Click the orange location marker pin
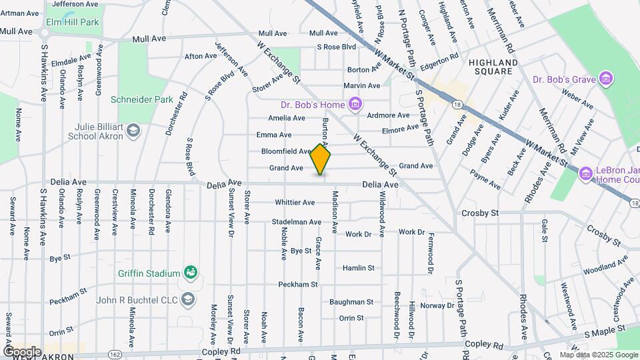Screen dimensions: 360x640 [321, 159]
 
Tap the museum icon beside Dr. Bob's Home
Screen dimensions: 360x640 [355, 104]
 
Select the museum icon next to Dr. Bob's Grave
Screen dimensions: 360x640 [606, 79]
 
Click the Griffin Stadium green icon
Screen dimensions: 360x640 [191, 273]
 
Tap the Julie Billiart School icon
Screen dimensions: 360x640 [133, 131]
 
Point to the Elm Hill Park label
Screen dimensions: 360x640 [73, 22]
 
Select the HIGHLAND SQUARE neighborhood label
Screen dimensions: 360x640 [493, 67]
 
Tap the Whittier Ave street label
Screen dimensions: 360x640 [295, 203]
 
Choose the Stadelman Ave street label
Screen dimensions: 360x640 [297, 222]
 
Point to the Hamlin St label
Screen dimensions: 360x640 [359, 268]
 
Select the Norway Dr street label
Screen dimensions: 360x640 [437, 305]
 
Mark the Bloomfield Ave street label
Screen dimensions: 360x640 [286, 151]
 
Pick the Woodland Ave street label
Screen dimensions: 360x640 [605, 266]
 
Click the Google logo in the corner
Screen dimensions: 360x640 [22, 351]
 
